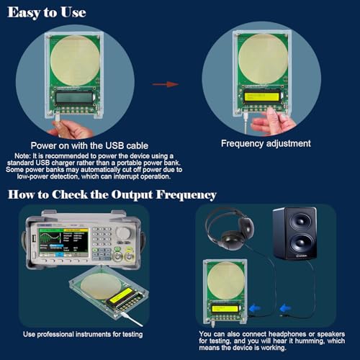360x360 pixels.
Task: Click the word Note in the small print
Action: click(x=22, y=155)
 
